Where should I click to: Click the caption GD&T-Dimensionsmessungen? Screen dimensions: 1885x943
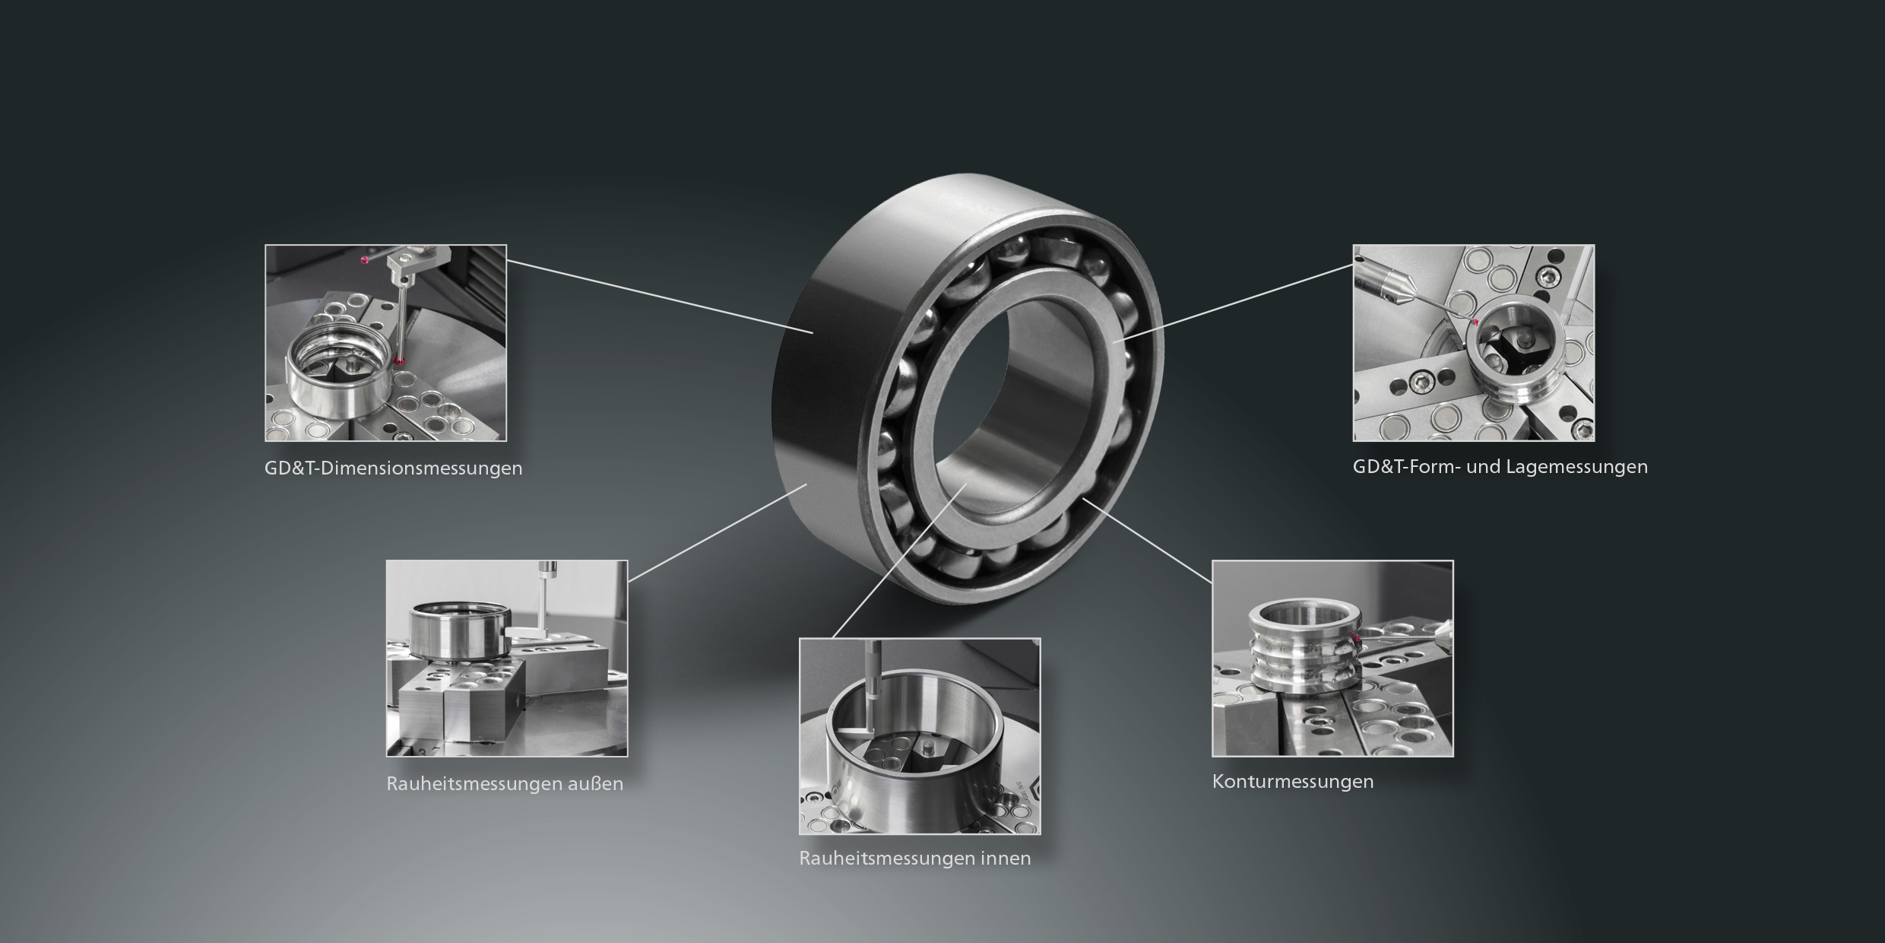(394, 468)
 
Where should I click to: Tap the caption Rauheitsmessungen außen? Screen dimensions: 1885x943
(505, 783)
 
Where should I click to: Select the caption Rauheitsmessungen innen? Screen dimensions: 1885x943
(915, 858)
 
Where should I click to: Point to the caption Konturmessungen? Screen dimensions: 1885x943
(1293, 781)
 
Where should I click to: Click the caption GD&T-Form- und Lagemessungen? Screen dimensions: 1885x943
(1500, 466)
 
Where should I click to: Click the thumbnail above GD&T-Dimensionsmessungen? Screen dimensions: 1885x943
(385, 343)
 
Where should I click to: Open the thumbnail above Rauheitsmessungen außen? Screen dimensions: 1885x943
(507, 659)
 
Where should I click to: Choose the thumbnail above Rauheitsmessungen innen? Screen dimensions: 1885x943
(920, 736)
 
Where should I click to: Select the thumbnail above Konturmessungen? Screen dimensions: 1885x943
(1332, 659)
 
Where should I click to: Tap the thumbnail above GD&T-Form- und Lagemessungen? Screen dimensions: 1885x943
(1474, 343)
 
